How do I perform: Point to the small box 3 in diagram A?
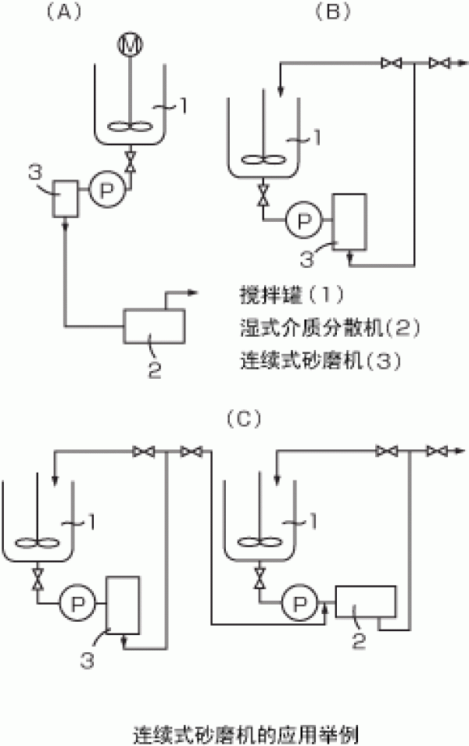(x=64, y=198)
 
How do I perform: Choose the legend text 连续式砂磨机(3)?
(x=302, y=362)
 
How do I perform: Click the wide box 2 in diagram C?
(x=365, y=600)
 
